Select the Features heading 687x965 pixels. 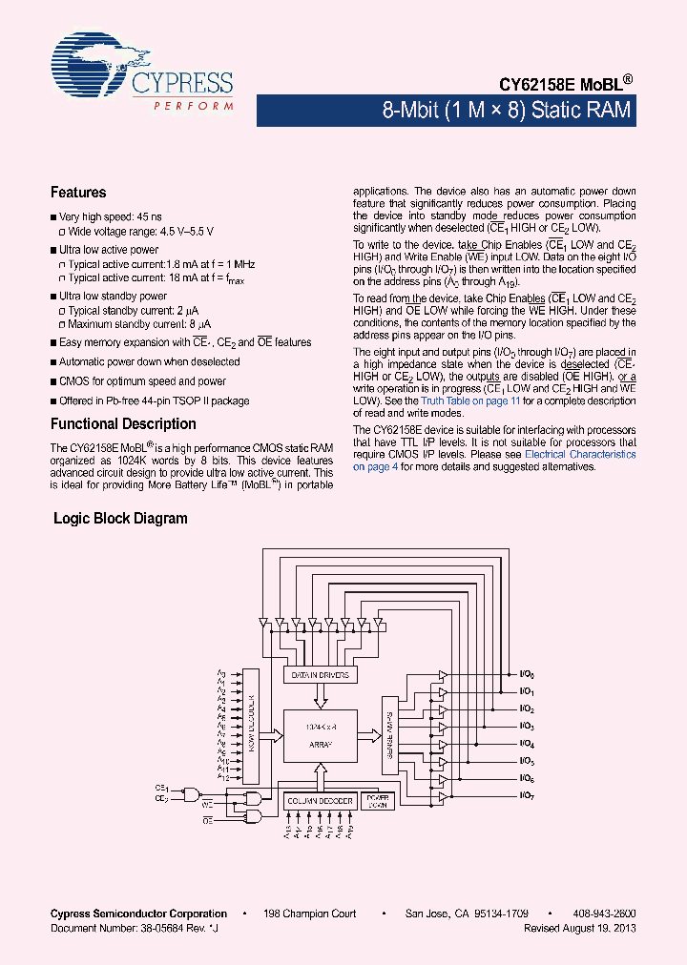click(x=78, y=193)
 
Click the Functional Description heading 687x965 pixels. click(x=123, y=424)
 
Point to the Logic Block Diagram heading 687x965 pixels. click(x=120, y=519)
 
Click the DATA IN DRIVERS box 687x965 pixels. click(x=321, y=675)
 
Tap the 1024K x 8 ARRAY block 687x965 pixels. click(x=320, y=735)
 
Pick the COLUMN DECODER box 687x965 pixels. click(x=321, y=801)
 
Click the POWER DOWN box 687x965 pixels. click(x=378, y=802)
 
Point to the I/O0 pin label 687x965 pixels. click(x=527, y=675)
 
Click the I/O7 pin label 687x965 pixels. click(x=527, y=795)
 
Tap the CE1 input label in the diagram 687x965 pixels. click(x=161, y=789)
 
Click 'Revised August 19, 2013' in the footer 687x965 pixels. click(x=580, y=928)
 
